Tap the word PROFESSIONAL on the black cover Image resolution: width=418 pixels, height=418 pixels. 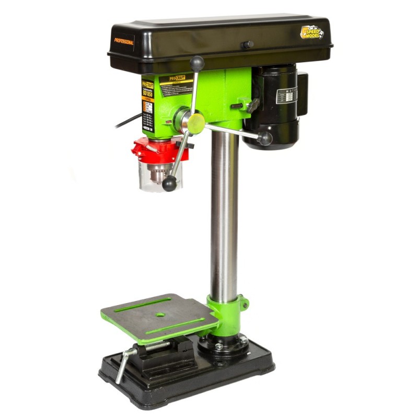pos(124,41)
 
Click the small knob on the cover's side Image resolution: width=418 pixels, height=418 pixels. pos(247,45)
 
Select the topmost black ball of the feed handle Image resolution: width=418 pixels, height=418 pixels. pos(197,63)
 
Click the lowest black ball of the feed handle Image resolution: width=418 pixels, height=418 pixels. pos(169,183)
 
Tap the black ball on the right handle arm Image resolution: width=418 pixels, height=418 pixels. pos(265,138)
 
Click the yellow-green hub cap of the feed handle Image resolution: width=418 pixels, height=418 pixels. pos(196,123)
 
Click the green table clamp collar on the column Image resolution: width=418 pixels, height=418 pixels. pos(227,308)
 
